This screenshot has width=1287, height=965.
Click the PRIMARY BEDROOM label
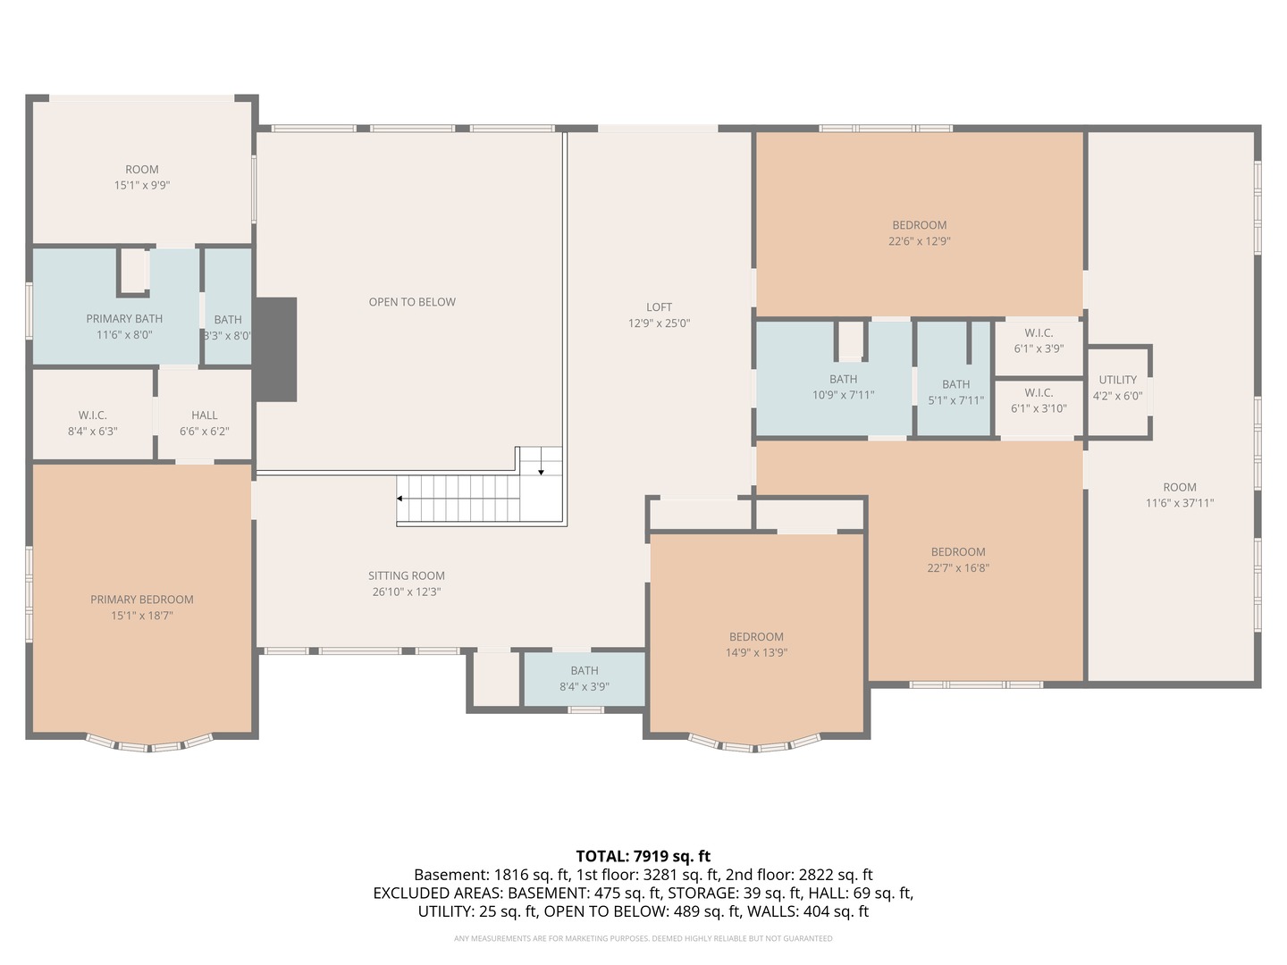coord(142,600)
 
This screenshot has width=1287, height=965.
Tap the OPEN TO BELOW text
coord(412,302)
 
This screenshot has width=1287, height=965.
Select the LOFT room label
coord(659,307)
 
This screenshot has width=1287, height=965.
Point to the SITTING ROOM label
coord(407,576)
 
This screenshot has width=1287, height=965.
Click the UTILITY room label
coord(1117,380)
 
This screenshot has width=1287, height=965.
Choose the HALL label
coord(205,415)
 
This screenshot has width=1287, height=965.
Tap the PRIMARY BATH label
coord(124,319)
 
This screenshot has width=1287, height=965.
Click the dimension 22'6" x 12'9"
coord(920,241)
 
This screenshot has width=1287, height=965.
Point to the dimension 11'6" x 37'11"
coord(1180,503)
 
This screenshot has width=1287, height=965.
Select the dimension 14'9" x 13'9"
coord(756,652)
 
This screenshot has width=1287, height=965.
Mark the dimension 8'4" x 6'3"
coord(93,432)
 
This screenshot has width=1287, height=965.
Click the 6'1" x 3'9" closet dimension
coord(1039,348)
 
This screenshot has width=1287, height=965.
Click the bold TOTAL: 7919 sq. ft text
coord(643,856)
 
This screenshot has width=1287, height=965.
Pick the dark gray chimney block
coord(275,349)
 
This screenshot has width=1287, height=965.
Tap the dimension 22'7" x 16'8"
coord(958,567)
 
